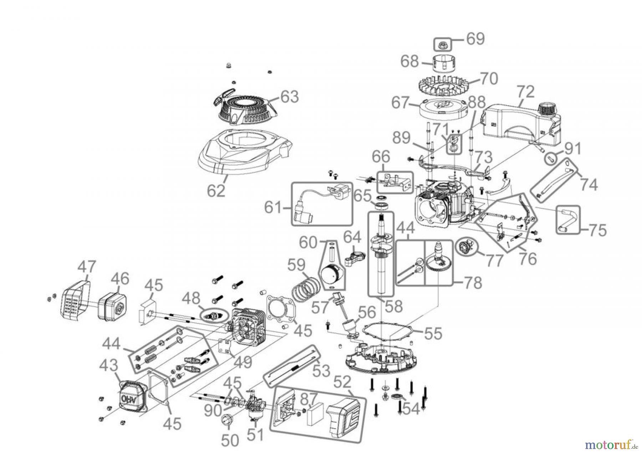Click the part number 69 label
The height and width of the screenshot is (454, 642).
tap(475, 39)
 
